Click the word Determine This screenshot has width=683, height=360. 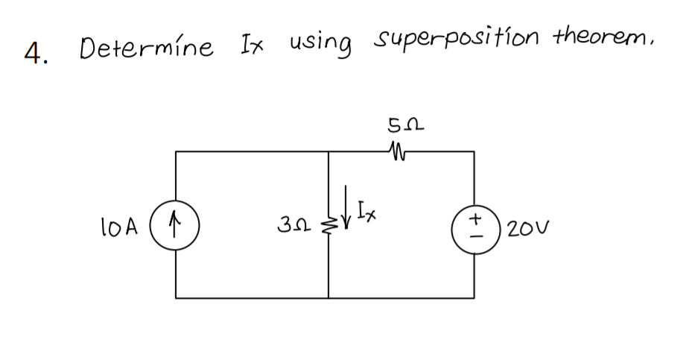point(146,48)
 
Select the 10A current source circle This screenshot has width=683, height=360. point(176,222)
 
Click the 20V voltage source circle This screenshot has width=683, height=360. point(472,222)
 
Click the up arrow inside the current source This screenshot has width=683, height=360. point(176,222)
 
